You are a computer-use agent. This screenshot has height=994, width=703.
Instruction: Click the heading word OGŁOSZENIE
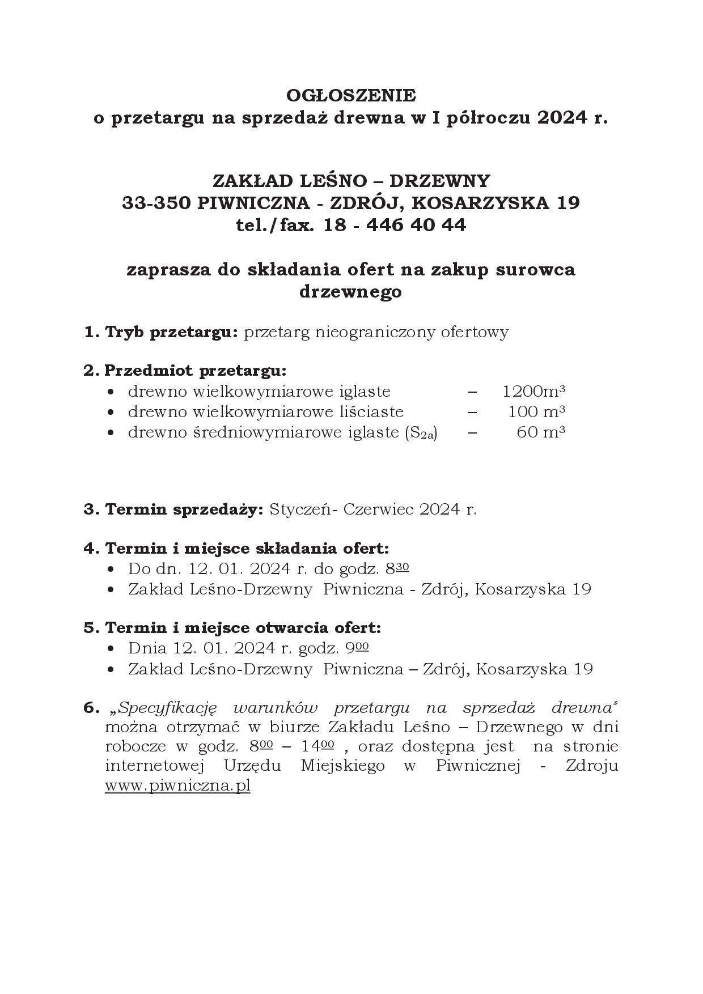pos(350,95)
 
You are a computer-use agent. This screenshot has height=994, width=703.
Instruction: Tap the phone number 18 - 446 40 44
pos(395,226)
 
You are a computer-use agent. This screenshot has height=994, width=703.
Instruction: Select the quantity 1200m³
pos(534,391)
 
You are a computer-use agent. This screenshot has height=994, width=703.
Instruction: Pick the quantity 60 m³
pos(541,432)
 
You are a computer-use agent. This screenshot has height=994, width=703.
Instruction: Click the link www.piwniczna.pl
pos(177,786)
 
